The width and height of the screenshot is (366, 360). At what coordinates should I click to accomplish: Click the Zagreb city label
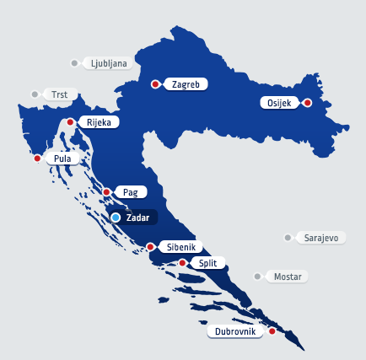[186, 84]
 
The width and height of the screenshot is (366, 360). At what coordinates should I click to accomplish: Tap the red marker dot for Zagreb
[155, 84]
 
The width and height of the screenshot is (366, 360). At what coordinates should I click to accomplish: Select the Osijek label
[279, 103]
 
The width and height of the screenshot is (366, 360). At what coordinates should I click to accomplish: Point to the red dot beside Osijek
[308, 103]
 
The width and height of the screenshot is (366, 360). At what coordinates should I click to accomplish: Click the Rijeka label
[98, 122]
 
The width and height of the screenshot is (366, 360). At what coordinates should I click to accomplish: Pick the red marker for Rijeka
[70, 122]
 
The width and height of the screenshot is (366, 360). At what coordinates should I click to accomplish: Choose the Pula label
[62, 158]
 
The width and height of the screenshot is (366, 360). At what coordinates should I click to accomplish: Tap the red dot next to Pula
[37, 158]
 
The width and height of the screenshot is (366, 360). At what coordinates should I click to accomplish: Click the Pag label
[130, 192]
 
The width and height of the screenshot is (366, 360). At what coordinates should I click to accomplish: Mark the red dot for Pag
[107, 192]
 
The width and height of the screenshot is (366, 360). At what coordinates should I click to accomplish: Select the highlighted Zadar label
[137, 218]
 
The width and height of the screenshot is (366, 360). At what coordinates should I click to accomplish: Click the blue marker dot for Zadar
[116, 218]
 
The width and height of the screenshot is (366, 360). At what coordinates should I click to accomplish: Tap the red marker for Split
[182, 263]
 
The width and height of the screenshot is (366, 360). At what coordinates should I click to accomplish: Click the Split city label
[207, 263]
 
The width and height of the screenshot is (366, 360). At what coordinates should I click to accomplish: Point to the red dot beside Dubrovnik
[272, 331]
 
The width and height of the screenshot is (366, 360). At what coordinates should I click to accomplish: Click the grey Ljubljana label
[109, 62]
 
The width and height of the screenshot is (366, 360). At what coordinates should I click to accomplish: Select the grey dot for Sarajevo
[288, 238]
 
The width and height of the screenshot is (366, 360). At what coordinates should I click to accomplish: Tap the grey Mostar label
[288, 277]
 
